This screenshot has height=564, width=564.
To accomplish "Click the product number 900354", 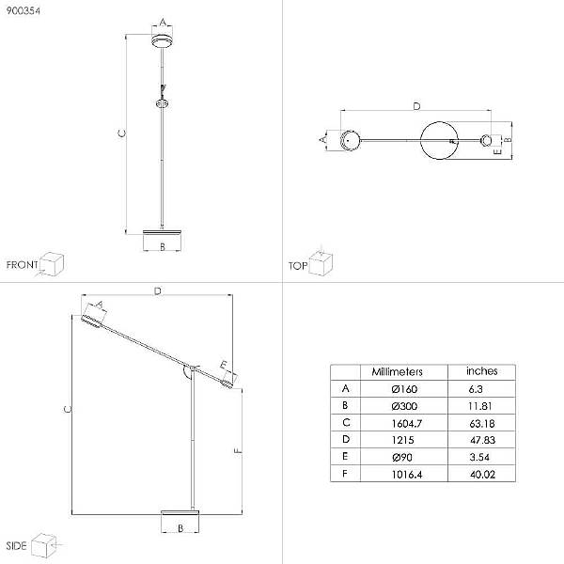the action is coord(23,10).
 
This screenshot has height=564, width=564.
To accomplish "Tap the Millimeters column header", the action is coord(397,371).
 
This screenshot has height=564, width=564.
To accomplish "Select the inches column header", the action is coord(482,371).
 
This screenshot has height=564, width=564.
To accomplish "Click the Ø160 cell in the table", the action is coord(404,389).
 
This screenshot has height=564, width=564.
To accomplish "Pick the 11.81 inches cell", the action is coord(479,406).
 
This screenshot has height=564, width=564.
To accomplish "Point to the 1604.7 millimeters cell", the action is coord(407,423).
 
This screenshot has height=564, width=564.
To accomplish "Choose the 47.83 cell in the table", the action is coord(483,440).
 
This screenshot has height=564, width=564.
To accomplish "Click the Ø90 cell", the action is coord(402,457).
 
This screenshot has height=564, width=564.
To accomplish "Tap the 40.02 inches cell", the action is coord(483,475).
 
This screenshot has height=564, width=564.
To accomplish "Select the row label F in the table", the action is coord(345,474).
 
